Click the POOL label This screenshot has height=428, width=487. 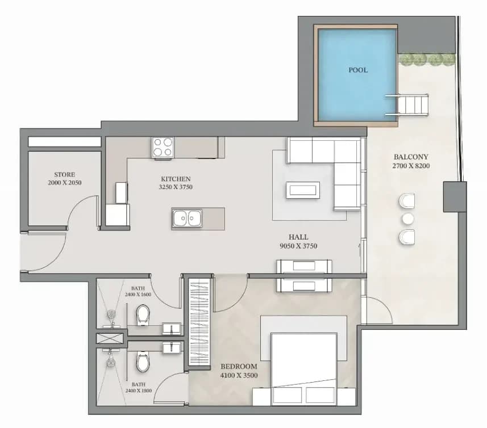coord(358,70)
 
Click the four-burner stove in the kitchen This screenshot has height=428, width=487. coord(163,147)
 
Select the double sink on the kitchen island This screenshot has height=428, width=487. coord(187,219)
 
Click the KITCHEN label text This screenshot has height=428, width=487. coord(176,179)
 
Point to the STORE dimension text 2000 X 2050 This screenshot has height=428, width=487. coord(65,183)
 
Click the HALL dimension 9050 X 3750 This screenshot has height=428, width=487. coord(298,246)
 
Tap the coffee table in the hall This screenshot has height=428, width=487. coord(303,190)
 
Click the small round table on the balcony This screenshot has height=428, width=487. coord(408,219)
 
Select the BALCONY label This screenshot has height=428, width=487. coord(411,157)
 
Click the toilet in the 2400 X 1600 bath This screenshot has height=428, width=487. coord(143,315)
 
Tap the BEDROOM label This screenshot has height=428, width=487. coord(239,367)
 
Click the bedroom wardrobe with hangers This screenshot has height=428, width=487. coord(199,322)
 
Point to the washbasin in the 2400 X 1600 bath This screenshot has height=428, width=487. coord(172,329)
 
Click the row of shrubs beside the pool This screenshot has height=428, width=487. coord(427,59)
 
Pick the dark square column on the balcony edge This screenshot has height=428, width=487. coord(455,196)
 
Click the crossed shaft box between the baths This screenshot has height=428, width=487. coord(110,338)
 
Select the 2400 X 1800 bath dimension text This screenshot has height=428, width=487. coord(139,391)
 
